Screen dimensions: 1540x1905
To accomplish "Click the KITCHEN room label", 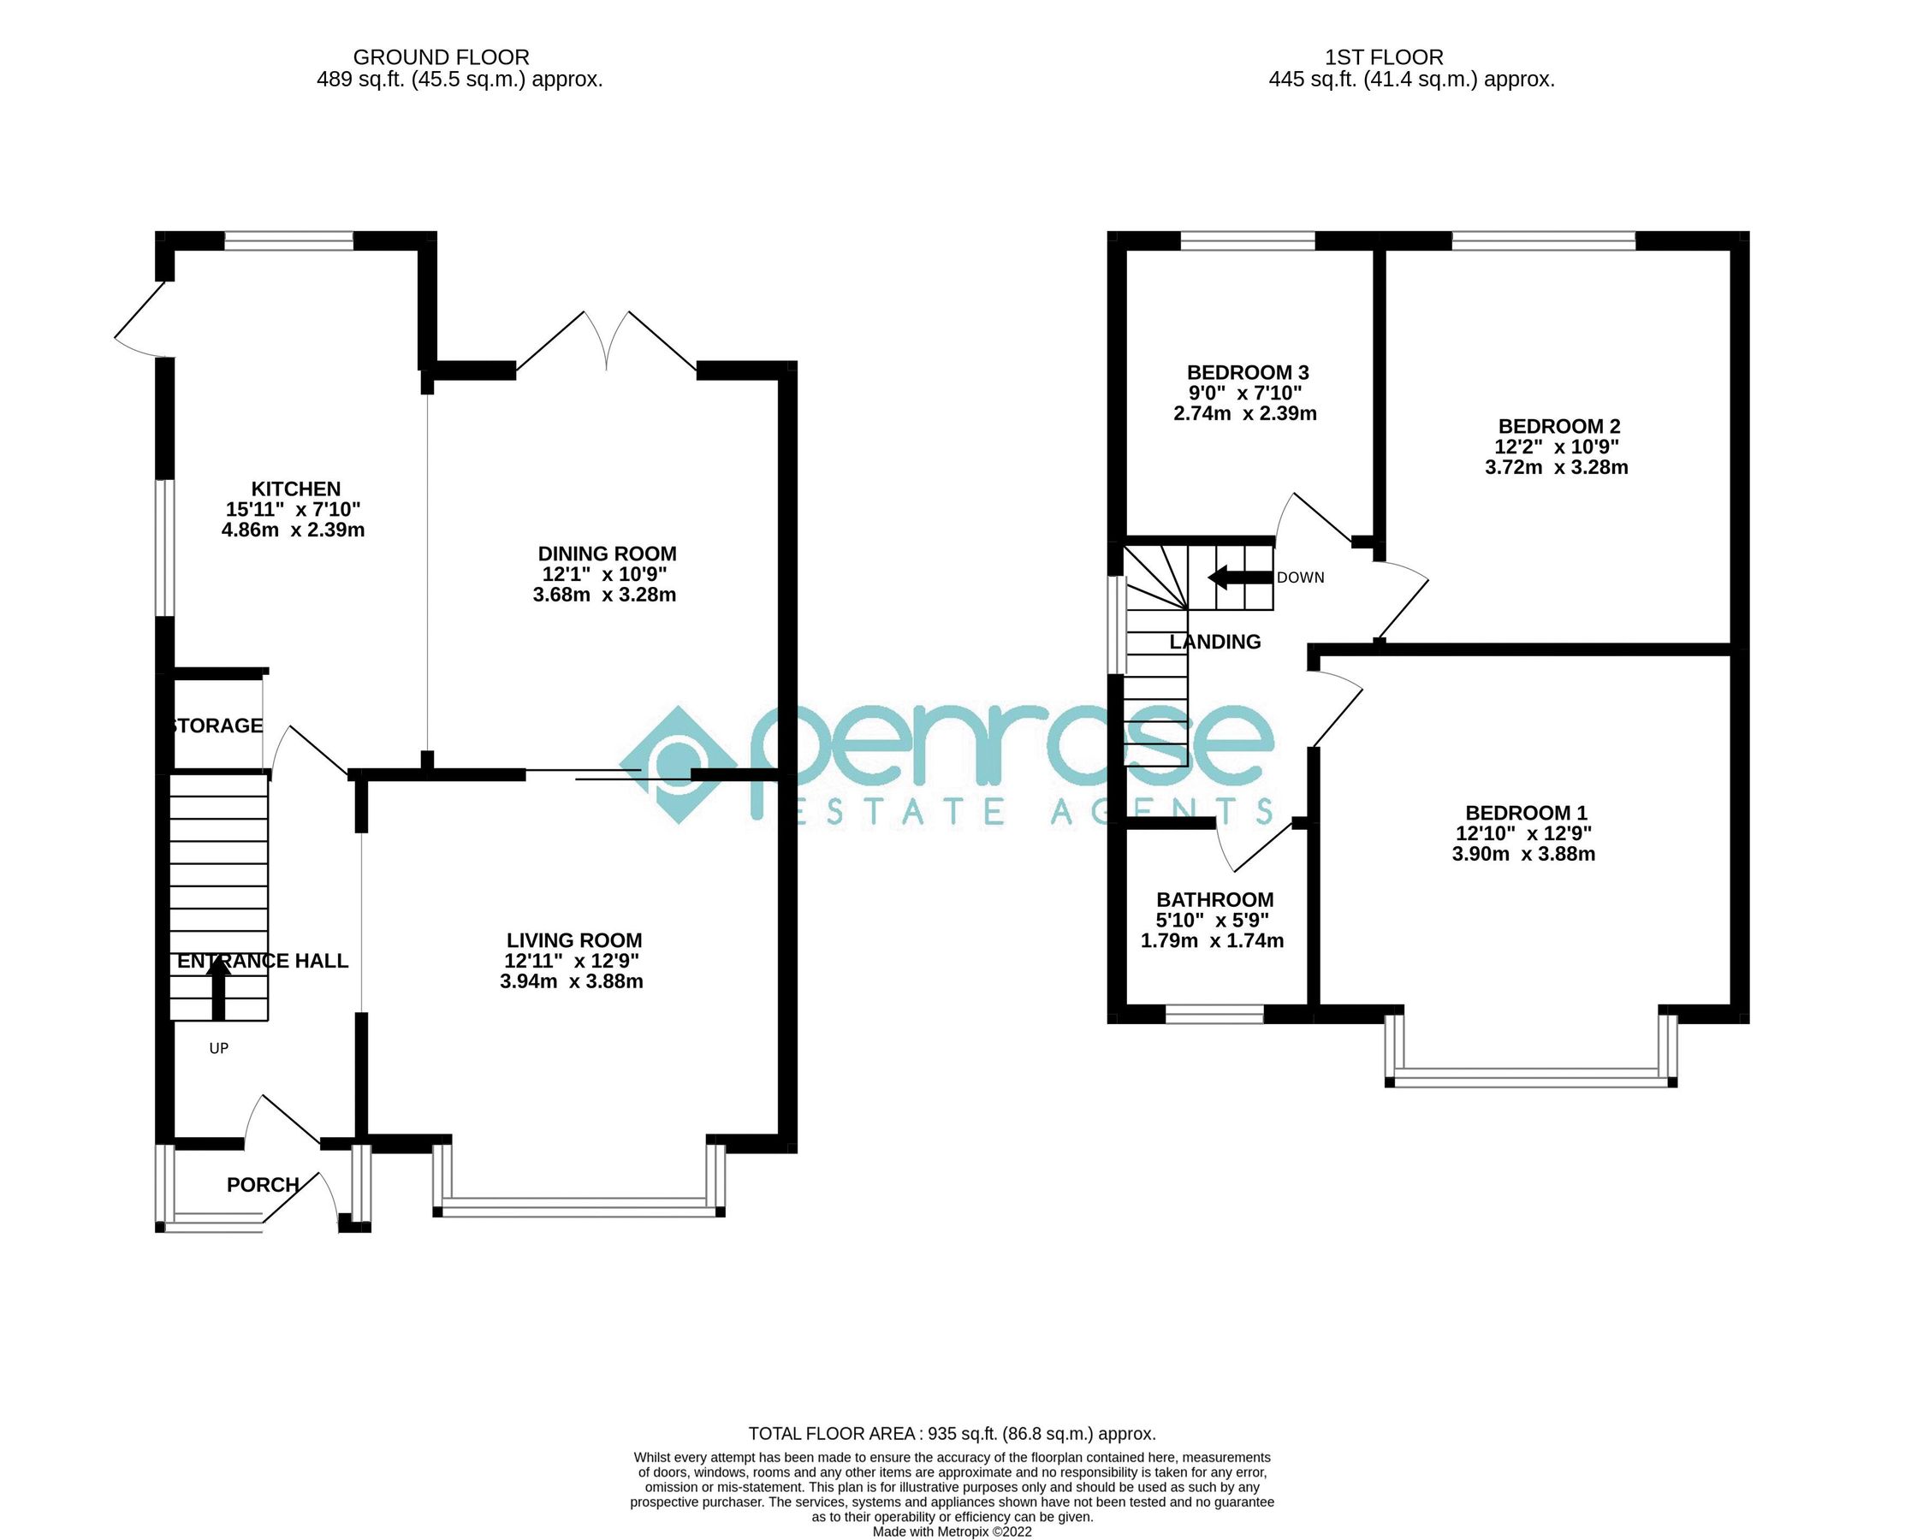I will pos(295,489).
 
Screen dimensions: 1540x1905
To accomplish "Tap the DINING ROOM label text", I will pos(607,554).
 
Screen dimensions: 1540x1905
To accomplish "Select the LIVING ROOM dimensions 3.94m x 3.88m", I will pos(572,981).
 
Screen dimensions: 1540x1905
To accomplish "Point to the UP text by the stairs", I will pos(218,1049).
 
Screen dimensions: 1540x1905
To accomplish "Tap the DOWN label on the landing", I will pos(1300,577).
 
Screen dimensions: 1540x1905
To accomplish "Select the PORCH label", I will pos(263,1184).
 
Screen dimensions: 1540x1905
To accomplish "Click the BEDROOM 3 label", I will pos(1248,372).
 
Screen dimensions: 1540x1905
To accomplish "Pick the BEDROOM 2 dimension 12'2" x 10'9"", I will pos(1558,447).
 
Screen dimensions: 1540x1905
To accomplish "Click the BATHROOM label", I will pos(1214,899).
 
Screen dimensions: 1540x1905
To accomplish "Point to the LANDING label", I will pos(1214,642).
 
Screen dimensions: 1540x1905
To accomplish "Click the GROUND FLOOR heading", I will pos(441,56).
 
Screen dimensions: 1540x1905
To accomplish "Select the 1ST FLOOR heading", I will pos(1384,56).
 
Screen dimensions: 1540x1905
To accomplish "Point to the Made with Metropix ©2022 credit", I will pos(952,1532).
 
